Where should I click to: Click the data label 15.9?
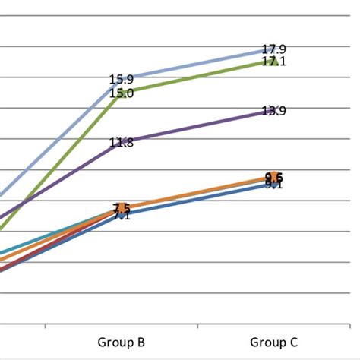pos(122,79)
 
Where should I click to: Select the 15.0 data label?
pos(122,93)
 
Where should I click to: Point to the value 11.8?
pos(122,142)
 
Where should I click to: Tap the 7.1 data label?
pos(122,216)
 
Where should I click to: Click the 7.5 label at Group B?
pos(122,207)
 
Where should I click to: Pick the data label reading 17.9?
pos(273,49)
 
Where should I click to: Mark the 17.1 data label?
pos(273,62)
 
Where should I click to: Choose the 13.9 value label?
pos(273,111)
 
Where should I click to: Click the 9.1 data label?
pos(273,185)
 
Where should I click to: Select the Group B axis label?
pos(122,342)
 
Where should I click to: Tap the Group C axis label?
pos(273,342)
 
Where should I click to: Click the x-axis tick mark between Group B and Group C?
pos(197,326)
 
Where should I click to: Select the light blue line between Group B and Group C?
pos(197,65)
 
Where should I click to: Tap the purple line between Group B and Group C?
pos(197,125)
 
